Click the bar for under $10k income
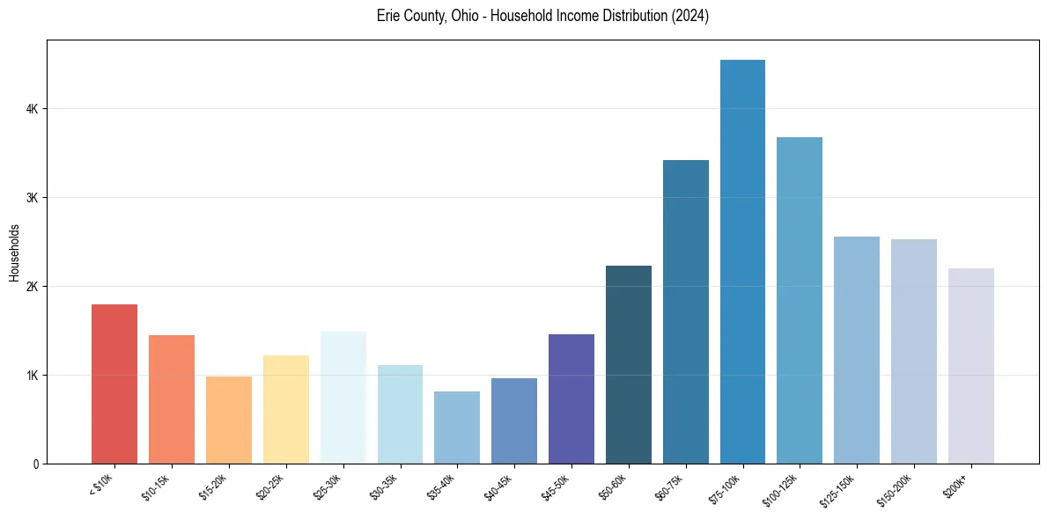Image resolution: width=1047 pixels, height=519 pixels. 114,384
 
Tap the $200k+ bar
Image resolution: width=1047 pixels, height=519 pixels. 970,366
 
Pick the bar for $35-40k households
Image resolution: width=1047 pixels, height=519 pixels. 457,428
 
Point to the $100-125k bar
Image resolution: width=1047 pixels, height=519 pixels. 800,300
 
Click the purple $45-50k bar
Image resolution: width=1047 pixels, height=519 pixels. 571,398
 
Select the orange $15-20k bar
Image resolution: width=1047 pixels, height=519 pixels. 229,420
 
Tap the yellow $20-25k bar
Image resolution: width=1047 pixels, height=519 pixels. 286,409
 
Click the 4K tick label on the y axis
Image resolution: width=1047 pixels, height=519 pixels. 32,109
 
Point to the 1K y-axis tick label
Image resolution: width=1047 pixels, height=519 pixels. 32,376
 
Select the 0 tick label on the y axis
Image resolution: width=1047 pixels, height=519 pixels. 35,464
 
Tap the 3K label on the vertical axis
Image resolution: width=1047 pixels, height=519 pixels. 32,198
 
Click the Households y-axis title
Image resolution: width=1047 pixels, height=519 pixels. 14,252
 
